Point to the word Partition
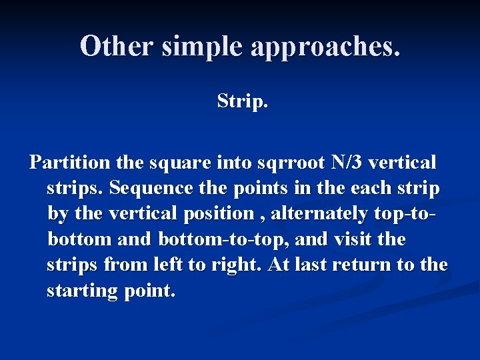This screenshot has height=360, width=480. click(70, 163)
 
